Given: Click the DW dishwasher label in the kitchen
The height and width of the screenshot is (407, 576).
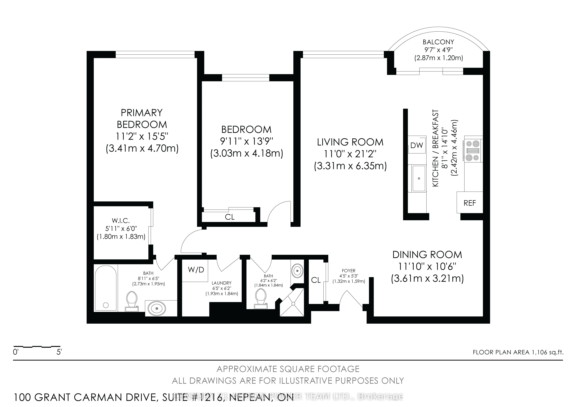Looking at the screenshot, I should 417,145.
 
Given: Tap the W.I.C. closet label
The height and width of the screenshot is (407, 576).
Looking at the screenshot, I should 121,221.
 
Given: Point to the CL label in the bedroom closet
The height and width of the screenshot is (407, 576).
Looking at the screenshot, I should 230,217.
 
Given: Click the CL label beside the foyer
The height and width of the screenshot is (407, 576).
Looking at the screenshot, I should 316,280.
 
